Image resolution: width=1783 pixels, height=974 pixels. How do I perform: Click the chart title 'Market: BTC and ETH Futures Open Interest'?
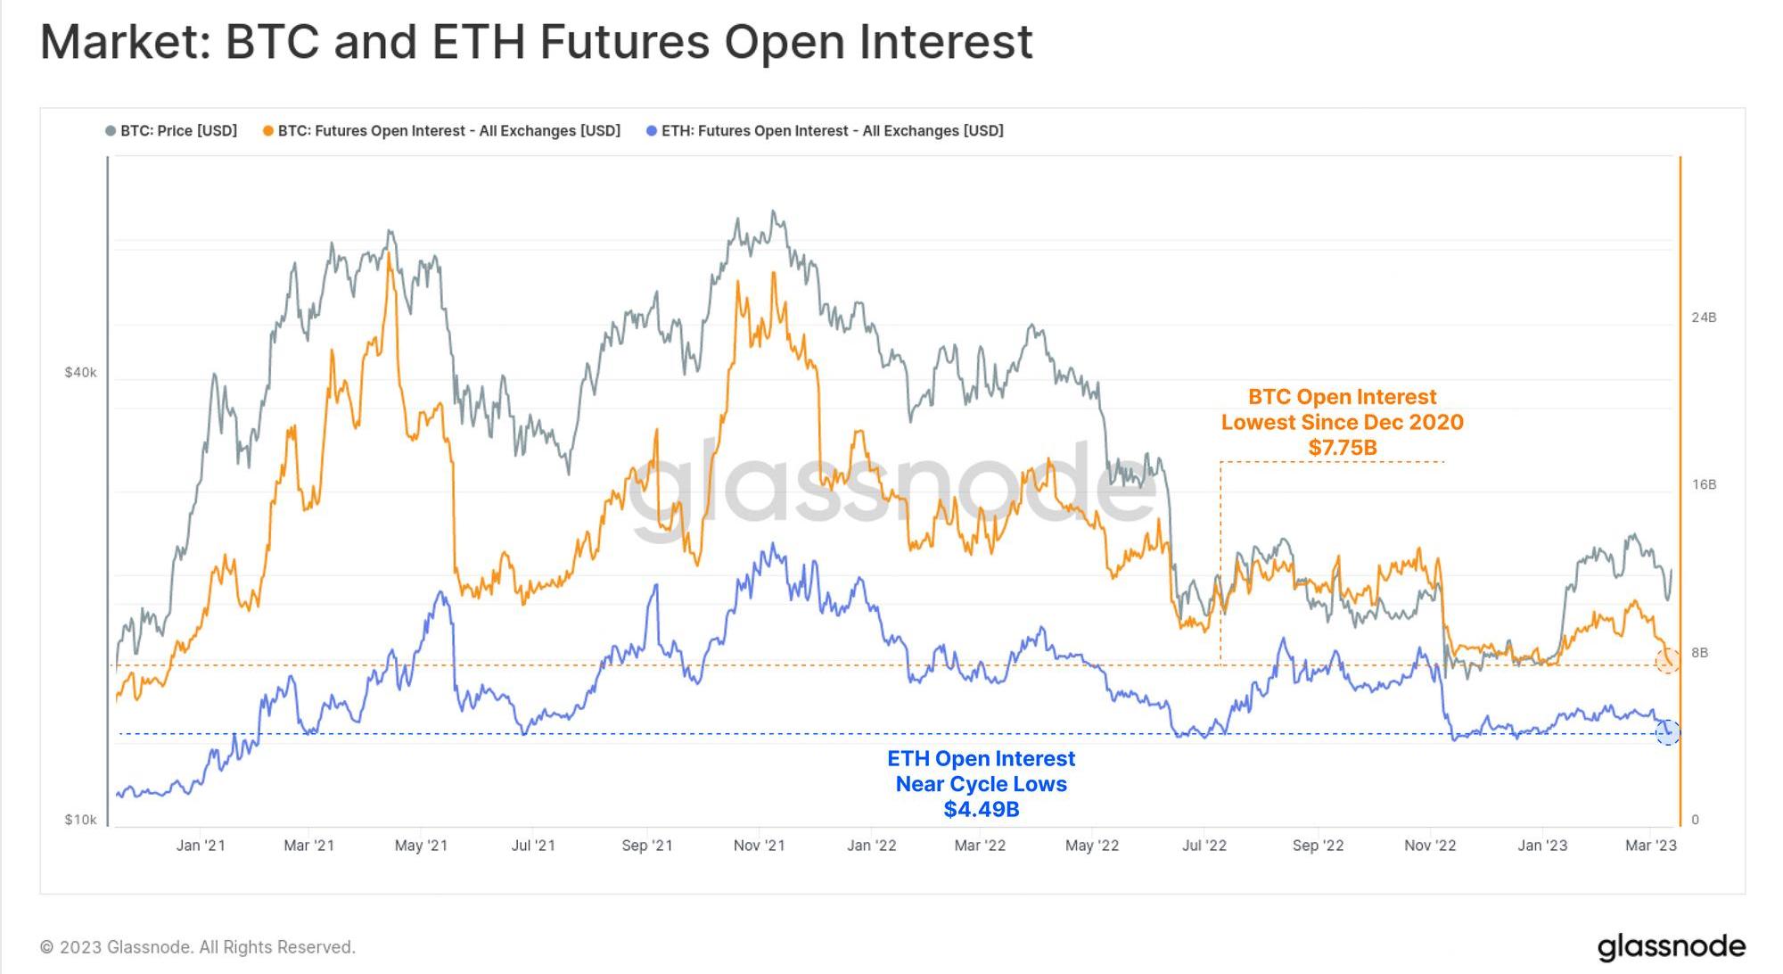[x=536, y=42]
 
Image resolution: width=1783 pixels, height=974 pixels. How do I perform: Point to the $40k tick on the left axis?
[x=80, y=372]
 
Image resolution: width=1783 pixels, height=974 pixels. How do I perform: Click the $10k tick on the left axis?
[x=80, y=820]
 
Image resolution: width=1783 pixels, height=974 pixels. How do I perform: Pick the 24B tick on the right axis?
[x=1704, y=318]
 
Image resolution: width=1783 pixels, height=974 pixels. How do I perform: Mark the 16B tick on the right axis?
[x=1704, y=484]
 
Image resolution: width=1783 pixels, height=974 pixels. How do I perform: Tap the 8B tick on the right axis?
[x=1700, y=652]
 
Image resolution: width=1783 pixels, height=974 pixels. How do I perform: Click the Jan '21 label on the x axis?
[x=201, y=846]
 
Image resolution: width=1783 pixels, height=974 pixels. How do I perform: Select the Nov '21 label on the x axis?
[x=759, y=846]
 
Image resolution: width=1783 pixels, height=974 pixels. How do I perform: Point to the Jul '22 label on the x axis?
[x=1204, y=846]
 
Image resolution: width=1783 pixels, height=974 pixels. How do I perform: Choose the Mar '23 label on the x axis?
[x=1650, y=846]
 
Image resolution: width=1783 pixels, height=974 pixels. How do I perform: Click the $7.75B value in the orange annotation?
[x=1343, y=448]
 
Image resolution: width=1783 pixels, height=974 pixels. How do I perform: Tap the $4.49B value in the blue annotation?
[x=982, y=809]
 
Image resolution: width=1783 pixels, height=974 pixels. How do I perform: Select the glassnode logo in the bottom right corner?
[x=1671, y=946]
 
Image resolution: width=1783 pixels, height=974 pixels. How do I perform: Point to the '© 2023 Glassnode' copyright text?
[x=198, y=947]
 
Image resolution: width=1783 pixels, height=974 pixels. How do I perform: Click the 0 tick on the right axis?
[x=1695, y=820]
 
